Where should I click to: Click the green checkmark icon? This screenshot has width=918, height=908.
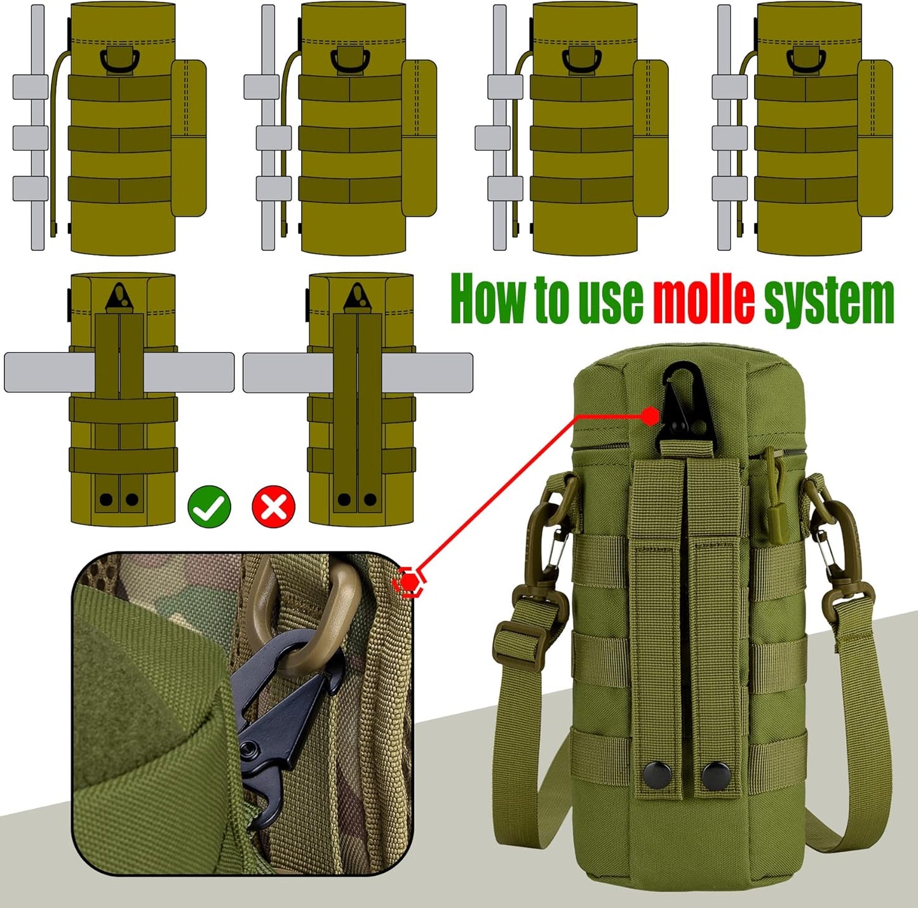(210, 506)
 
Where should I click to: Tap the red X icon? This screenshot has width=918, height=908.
(274, 506)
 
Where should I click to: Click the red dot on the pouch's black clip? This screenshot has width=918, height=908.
(650, 416)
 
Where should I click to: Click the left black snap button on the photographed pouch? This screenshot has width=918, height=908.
(654, 773)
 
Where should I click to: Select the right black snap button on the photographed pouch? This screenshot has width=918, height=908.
(713, 773)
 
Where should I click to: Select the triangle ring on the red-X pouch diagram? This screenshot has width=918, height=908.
(357, 297)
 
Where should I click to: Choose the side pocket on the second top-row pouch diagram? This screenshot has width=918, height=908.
(419, 138)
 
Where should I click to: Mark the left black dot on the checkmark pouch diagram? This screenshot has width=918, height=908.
(106, 499)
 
